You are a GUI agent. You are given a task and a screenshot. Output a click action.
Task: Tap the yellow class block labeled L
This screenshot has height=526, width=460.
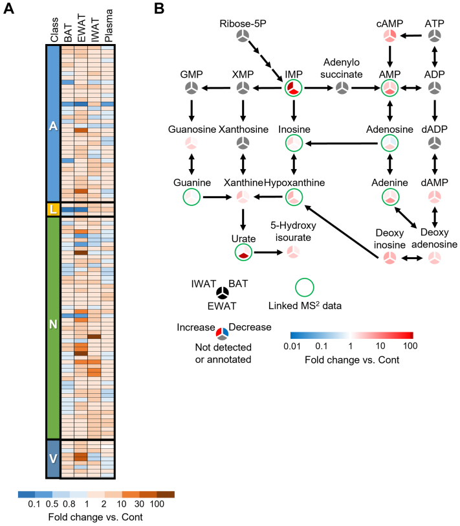pos(52,209)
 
